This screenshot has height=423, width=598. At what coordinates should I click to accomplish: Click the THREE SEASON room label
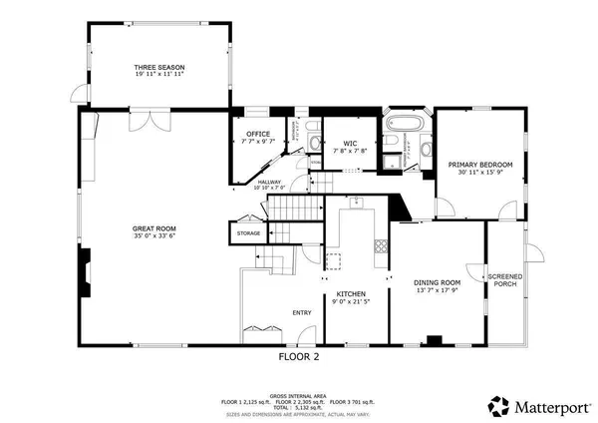pos(159,67)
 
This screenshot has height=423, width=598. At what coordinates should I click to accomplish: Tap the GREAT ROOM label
pos(154,228)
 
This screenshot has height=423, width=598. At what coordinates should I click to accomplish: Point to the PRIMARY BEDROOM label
pos(479,165)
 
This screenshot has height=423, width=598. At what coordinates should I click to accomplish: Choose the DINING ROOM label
pos(439,282)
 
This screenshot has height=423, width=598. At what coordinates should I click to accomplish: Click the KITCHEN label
pos(350,293)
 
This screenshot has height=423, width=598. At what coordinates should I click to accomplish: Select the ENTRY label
pos(302,312)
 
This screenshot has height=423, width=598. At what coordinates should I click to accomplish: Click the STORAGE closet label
pos(248,233)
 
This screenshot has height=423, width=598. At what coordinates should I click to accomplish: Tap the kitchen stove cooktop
pos(380,246)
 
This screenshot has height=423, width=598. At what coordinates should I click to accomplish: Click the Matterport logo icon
pos(495,405)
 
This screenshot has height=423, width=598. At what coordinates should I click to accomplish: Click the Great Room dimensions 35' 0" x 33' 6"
pos(154,236)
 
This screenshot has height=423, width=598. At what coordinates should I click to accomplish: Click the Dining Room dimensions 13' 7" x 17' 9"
pos(439,290)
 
